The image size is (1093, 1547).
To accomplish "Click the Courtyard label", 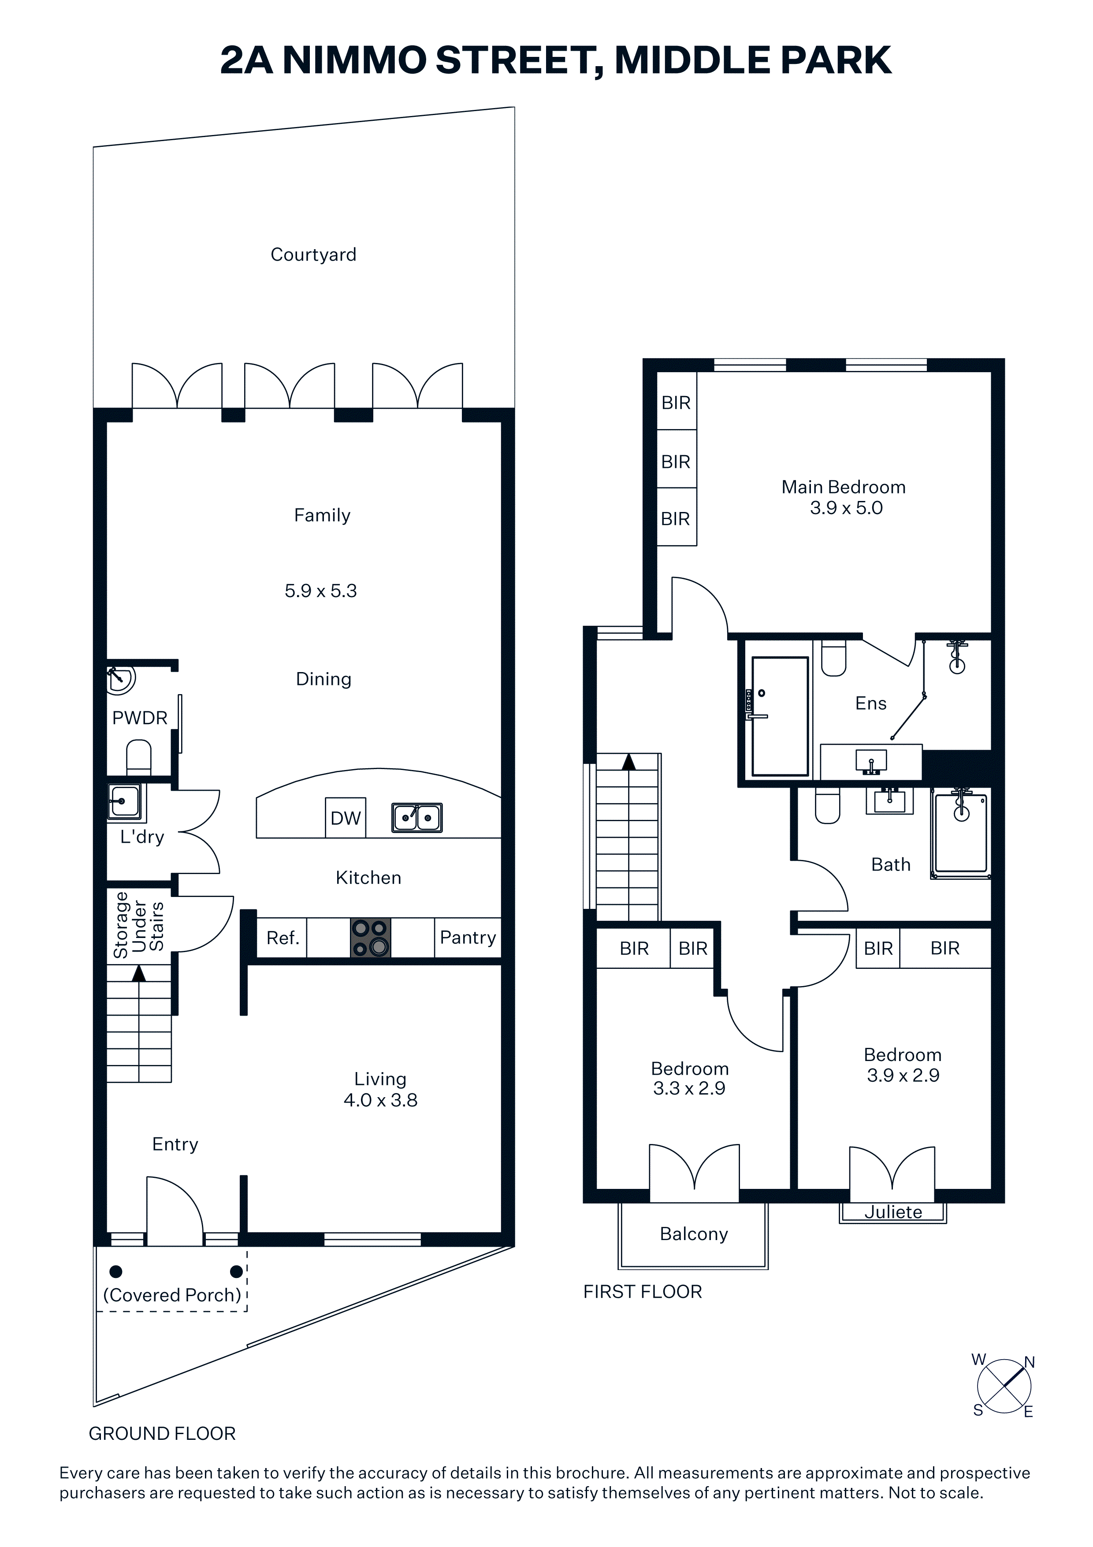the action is click(x=313, y=255).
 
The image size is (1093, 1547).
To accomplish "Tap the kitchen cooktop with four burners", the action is click(x=370, y=938).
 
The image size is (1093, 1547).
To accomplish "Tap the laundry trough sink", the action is click(x=125, y=802).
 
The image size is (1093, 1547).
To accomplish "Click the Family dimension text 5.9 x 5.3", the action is click(x=320, y=591).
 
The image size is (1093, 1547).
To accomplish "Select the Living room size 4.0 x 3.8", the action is click(x=380, y=1100).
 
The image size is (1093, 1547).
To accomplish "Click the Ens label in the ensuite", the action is click(x=871, y=703).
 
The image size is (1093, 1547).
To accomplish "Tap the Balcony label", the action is click(x=694, y=1234).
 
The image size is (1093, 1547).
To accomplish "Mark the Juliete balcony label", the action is click(x=893, y=1212).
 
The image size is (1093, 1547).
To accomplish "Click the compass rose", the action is click(x=1004, y=1386).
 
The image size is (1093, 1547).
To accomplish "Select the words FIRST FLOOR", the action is click(x=643, y=1292).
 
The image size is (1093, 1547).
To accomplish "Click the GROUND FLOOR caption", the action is click(x=162, y=1433).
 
